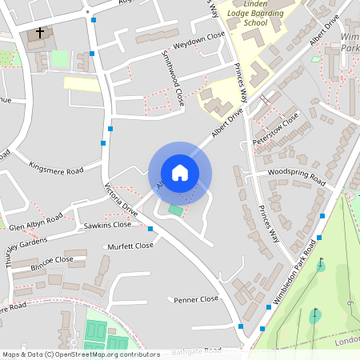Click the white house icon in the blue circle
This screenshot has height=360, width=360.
[180, 173]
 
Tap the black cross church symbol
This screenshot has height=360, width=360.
[40, 34]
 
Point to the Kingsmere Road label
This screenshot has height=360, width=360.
[55, 170]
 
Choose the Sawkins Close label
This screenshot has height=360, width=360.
[107, 226]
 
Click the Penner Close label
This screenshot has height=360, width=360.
[196, 299]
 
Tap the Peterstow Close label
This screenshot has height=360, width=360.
[275, 130]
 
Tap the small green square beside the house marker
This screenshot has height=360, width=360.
[175, 210]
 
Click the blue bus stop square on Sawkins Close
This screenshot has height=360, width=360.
[150, 229]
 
